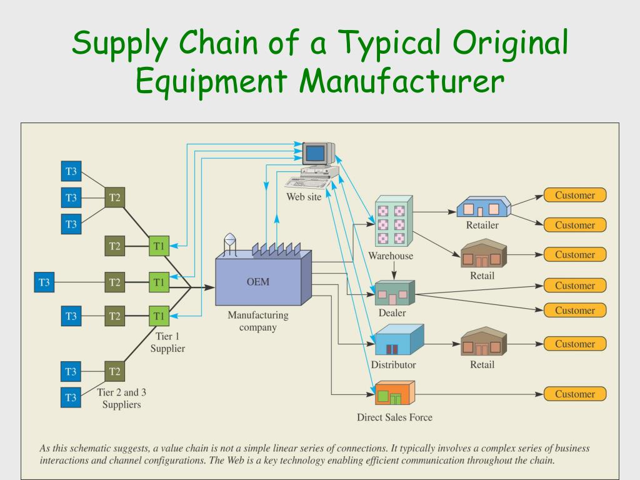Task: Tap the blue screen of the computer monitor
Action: (x=315, y=154)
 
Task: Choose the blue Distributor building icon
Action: (x=399, y=339)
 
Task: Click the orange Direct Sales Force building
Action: (x=395, y=392)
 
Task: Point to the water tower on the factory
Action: (x=230, y=244)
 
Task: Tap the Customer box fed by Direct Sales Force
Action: (x=575, y=394)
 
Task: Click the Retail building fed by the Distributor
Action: (x=483, y=341)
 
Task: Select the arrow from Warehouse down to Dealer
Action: (x=394, y=270)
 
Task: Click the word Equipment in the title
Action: (x=211, y=81)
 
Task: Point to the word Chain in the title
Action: (x=218, y=42)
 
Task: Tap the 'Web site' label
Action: (x=304, y=197)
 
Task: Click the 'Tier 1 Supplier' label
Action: (x=167, y=342)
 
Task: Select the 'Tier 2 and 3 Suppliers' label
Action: (x=122, y=398)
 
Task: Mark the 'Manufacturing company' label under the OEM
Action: (x=258, y=321)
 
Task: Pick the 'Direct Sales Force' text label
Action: (x=394, y=417)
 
